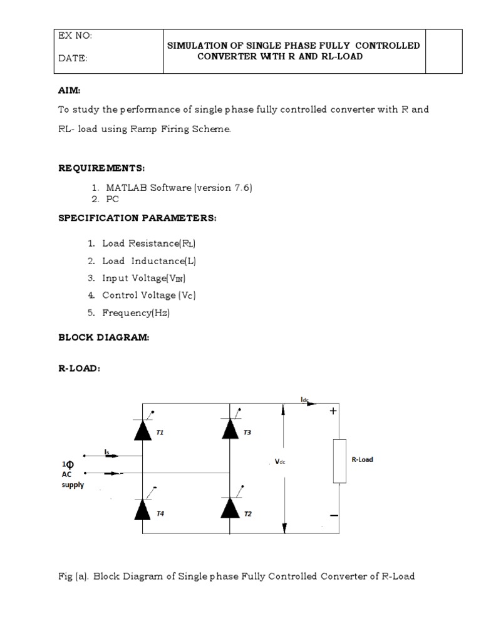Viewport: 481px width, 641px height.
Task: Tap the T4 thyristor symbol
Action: click(143, 510)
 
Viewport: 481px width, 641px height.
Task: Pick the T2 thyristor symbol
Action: click(230, 510)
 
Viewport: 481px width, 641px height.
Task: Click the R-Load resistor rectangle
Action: click(339, 461)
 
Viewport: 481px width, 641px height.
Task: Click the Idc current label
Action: click(305, 398)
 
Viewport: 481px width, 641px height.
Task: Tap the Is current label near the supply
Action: click(107, 450)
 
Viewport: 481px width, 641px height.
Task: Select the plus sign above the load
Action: click(333, 411)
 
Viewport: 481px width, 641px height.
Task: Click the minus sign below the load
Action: click(333, 515)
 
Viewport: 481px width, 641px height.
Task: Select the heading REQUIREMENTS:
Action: click(101, 168)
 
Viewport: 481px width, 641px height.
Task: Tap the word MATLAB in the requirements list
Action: click(125, 187)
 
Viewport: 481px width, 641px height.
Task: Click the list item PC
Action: click(113, 199)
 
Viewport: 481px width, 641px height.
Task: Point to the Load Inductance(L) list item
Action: click(145, 260)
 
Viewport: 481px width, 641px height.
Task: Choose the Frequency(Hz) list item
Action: click(136, 313)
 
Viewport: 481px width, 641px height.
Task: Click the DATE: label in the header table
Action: click(73, 58)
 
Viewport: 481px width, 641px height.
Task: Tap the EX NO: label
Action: click(75, 36)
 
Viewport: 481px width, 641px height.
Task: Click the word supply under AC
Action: click(73, 485)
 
